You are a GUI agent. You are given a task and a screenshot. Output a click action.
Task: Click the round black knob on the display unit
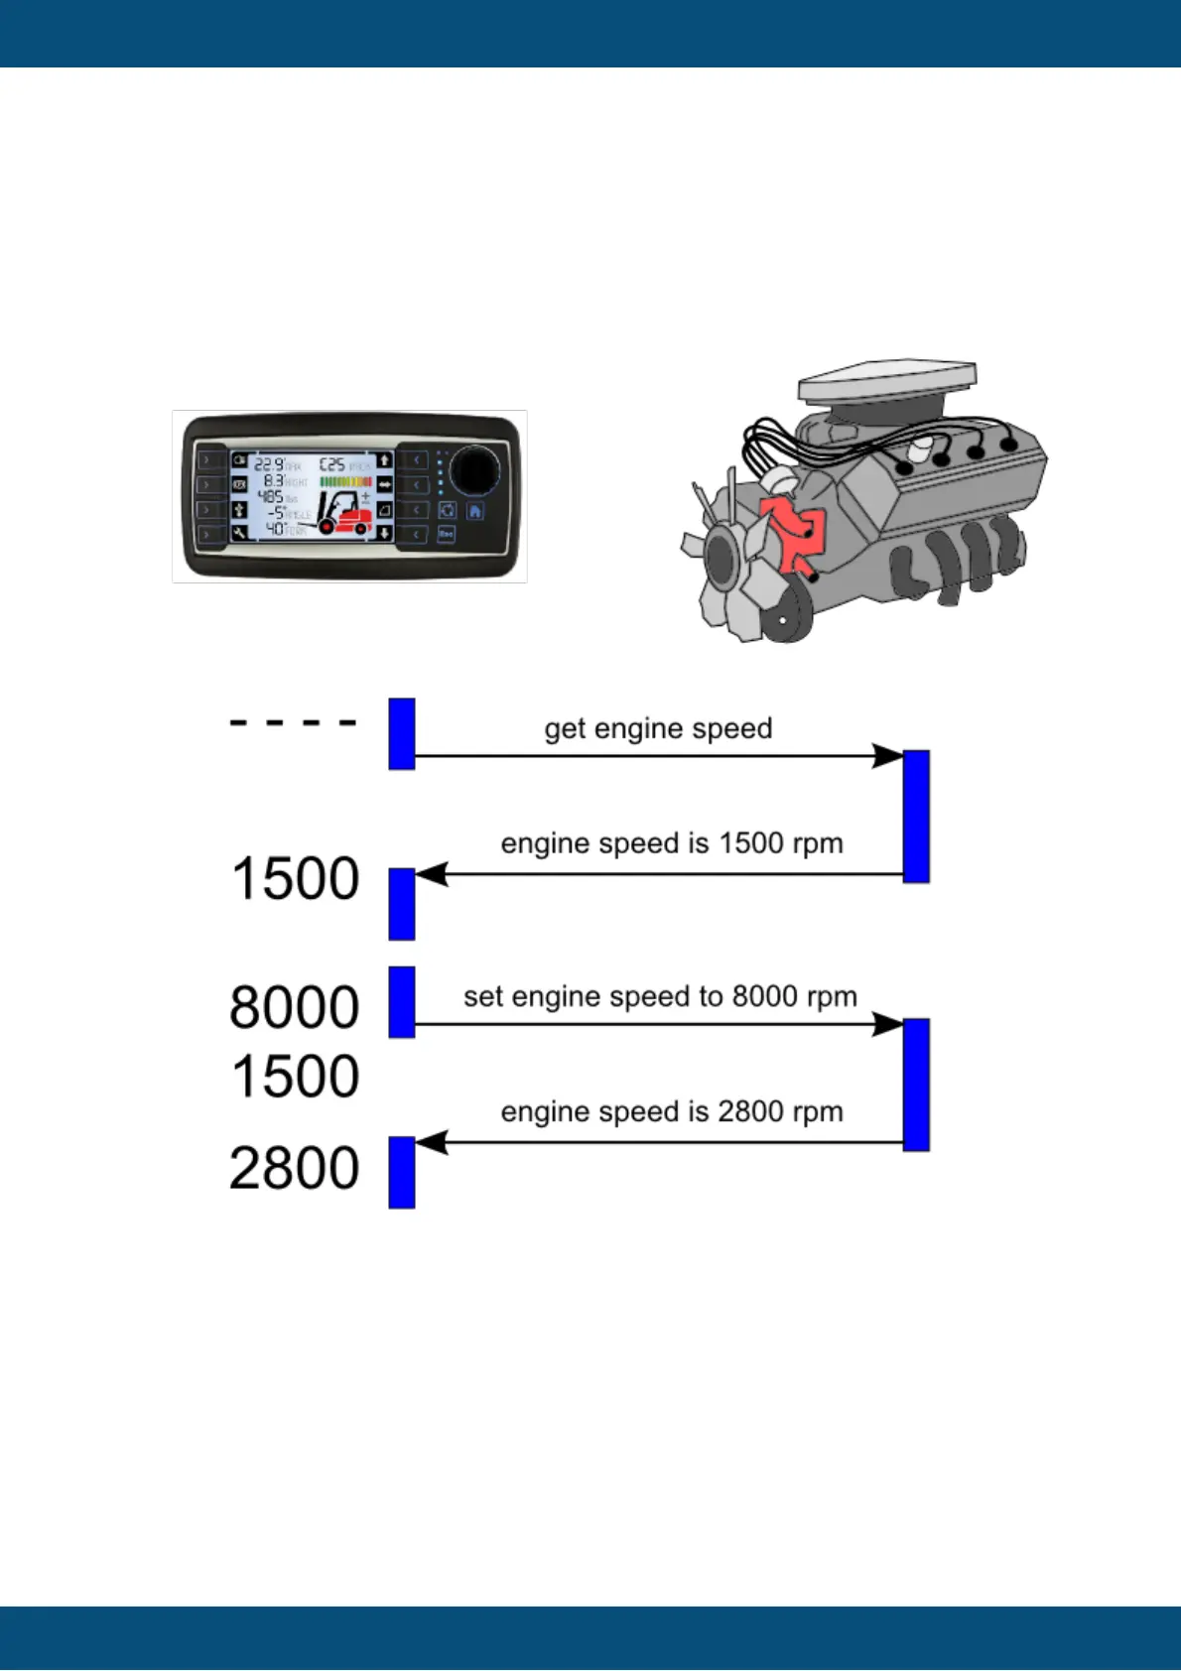[474, 470]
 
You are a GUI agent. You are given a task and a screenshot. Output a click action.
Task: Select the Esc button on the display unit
[447, 535]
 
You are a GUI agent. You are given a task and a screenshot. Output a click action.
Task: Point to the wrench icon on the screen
[239, 533]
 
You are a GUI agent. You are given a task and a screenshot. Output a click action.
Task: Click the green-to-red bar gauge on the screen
[345, 481]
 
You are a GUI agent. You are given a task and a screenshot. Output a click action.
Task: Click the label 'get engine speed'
[658, 728]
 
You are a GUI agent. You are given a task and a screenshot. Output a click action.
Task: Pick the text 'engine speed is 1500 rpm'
[672, 843]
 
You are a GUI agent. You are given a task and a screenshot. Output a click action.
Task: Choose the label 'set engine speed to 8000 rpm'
[660, 996]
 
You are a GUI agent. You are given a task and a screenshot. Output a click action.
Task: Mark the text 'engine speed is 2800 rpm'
[672, 1111]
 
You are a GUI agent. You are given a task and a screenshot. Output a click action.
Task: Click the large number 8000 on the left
[295, 1007]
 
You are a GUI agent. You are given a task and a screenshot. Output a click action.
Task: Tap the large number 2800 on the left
[295, 1168]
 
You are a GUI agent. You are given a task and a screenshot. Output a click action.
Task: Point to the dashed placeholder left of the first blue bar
[293, 722]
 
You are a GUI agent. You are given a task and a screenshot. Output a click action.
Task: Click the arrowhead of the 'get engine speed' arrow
[888, 756]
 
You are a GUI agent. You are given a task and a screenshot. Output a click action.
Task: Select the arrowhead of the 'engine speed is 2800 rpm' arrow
[432, 1142]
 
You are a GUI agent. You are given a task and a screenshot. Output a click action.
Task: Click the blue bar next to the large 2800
[402, 1172]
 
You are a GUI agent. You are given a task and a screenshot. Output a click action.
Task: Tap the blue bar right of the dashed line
[402, 733]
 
